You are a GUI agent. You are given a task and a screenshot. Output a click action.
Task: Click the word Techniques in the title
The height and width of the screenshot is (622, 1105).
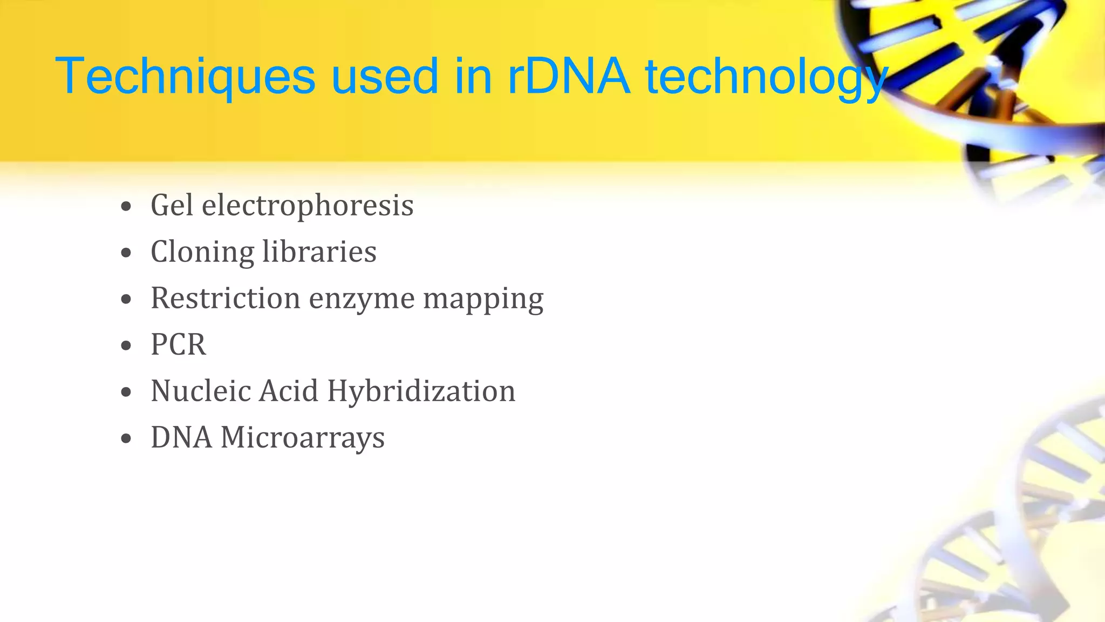185,77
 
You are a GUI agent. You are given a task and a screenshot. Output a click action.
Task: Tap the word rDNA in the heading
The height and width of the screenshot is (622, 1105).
569,77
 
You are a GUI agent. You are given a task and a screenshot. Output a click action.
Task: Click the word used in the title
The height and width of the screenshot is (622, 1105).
384,77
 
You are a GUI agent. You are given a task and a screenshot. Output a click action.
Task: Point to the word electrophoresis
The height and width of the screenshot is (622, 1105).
308,206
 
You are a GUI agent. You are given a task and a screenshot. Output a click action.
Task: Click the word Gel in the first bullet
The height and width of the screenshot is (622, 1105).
172,206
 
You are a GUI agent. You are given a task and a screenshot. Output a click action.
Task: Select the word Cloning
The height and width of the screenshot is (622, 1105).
202,252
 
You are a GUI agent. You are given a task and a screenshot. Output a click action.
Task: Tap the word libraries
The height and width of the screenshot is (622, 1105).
319,252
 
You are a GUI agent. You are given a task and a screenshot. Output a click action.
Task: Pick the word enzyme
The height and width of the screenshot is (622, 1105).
361,300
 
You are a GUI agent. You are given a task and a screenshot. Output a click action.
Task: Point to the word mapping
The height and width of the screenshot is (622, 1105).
483,300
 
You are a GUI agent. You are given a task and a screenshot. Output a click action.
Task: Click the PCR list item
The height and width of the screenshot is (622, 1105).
178,345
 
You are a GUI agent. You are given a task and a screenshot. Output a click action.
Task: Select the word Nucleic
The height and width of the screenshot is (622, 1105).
201,391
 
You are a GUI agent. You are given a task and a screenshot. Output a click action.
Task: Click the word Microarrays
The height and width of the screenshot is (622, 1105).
303,438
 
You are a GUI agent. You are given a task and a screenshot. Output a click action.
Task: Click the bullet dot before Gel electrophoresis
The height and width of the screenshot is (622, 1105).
126,207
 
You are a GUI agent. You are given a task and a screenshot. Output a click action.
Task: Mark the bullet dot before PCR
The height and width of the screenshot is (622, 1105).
126,346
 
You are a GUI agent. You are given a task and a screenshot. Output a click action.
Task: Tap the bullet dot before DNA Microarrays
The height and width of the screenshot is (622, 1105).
126,439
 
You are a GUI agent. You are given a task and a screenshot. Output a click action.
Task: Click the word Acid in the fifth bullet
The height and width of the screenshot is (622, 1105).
289,391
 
